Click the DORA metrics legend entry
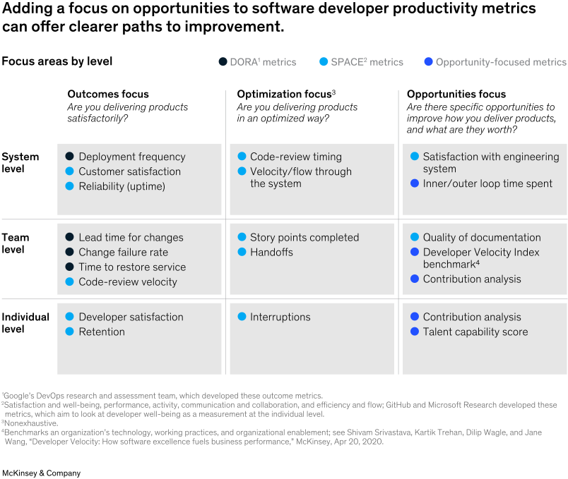257,62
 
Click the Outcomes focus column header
108,94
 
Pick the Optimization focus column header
286,94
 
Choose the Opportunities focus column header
456,94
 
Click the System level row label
20,163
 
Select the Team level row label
16,243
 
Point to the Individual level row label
25,323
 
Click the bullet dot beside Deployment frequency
69,157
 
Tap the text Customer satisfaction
129,171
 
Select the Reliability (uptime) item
122,186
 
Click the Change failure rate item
123,253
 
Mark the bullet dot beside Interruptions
242,317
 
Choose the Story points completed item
304,238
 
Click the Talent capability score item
475,332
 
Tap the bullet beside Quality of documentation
415,238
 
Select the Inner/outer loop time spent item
487,183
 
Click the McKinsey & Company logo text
42,473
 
